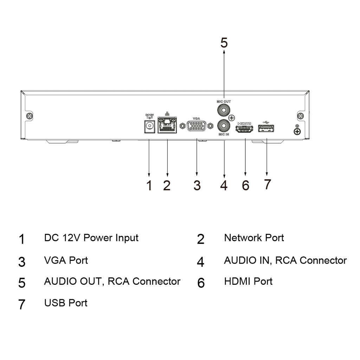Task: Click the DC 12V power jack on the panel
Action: tap(150, 126)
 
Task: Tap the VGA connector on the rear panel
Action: tap(197, 126)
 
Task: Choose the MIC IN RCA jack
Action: tap(224, 126)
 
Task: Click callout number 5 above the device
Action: tap(224, 42)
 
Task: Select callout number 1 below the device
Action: tap(149, 185)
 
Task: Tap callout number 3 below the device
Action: tap(197, 185)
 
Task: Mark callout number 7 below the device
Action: tap(267, 184)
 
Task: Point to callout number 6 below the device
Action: tap(245, 185)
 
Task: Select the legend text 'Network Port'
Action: tap(254, 238)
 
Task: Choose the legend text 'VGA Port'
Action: tap(66, 260)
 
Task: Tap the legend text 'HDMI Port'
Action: tap(248, 281)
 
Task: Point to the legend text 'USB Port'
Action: tap(66, 302)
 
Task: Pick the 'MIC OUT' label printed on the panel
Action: tap(224, 101)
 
